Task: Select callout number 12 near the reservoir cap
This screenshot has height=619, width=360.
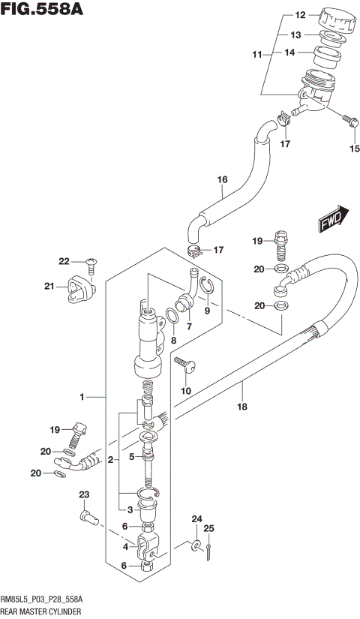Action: pyautogui.click(x=300, y=15)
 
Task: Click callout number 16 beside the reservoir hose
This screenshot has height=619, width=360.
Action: pyautogui.click(x=222, y=180)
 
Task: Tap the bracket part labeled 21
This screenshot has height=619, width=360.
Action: pyautogui.click(x=79, y=290)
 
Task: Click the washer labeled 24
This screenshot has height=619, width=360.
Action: pyautogui.click(x=195, y=545)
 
